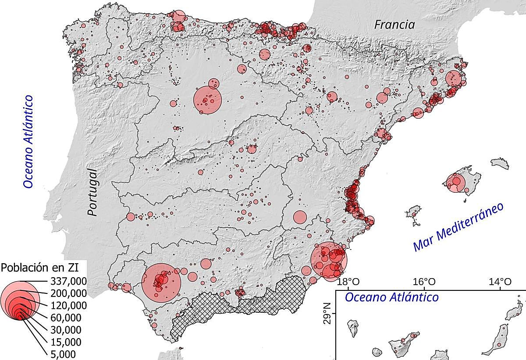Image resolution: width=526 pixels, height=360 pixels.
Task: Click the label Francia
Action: [x=394, y=25]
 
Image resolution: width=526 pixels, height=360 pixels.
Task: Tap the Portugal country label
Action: [x=92, y=192]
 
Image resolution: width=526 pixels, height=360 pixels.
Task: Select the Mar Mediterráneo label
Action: [x=458, y=227]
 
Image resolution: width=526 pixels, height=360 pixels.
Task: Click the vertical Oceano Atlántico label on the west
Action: [x=29, y=142]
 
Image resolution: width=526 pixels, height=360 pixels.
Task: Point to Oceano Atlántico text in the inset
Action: [x=391, y=297]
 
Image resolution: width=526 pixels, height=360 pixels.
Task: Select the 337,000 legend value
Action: [x=69, y=281]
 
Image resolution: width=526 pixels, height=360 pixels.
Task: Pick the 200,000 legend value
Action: [x=69, y=293]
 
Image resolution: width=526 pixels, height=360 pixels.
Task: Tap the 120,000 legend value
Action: [x=69, y=305]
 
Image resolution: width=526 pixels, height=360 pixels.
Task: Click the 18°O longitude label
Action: [x=350, y=281]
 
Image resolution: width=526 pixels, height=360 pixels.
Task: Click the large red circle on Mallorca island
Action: [x=456, y=182]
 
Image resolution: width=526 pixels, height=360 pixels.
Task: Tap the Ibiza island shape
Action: [x=414, y=213]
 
